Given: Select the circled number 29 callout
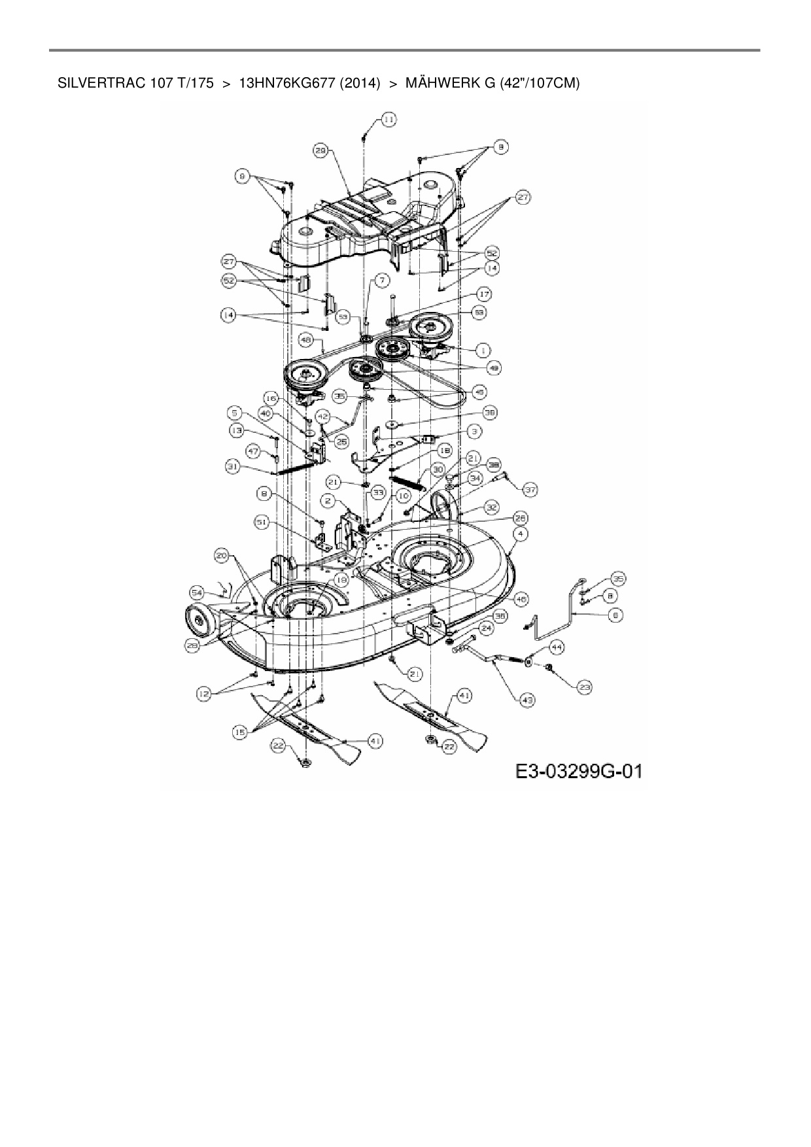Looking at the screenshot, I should tap(320, 150).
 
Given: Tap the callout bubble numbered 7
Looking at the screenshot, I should tap(382, 279).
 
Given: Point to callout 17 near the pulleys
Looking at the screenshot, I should tap(485, 294).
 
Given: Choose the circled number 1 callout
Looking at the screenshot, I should tap(483, 351).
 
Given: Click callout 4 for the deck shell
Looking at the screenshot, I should tap(521, 534).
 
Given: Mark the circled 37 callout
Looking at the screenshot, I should tap(529, 489).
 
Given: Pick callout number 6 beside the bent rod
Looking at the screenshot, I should tap(615, 615).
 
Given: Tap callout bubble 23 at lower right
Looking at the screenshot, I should tap(584, 687).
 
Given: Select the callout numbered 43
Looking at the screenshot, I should tap(528, 700).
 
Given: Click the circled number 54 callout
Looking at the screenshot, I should tap(198, 592).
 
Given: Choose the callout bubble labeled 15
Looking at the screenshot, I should tap(241, 733).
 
